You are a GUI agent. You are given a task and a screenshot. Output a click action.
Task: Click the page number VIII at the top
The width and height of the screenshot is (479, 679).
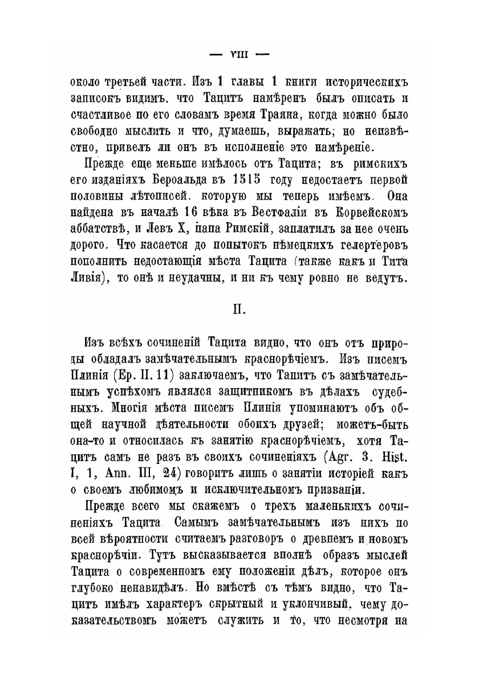pos(239,55)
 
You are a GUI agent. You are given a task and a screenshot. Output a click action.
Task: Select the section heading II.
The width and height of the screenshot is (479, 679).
pos(238,311)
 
